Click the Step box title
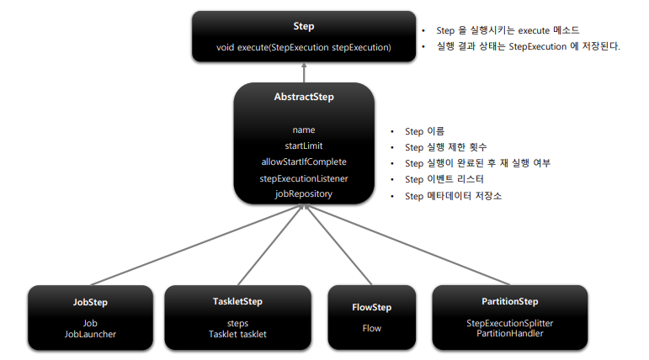pyautogui.click(x=303, y=28)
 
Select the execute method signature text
pyautogui.click(x=303, y=48)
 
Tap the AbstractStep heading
pyautogui.click(x=304, y=98)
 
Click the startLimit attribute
pyautogui.click(x=304, y=146)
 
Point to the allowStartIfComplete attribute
pyautogui.click(x=304, y=162)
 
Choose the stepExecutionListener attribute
pyautogui.click(x=304, y=178)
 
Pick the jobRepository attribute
pyautogui.click(x=304, y=193)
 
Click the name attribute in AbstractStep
pyautogui.click(x=304, y=130)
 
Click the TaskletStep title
pyautogui.click(x=237, y=302)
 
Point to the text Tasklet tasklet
pyautogui.click(x=237, y=334)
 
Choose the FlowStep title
pyautogui.click(x=371, y=308)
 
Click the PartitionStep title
pyautogui.click(x=509, y=302)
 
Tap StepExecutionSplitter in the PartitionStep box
pyautogui.click(x=509, y=323)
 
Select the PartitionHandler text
pyautogui.click(x=509, y=334)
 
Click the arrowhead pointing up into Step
pyautogui.click(x=304, y=72)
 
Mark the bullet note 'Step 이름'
pyautogui.click(x=424, y=132)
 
